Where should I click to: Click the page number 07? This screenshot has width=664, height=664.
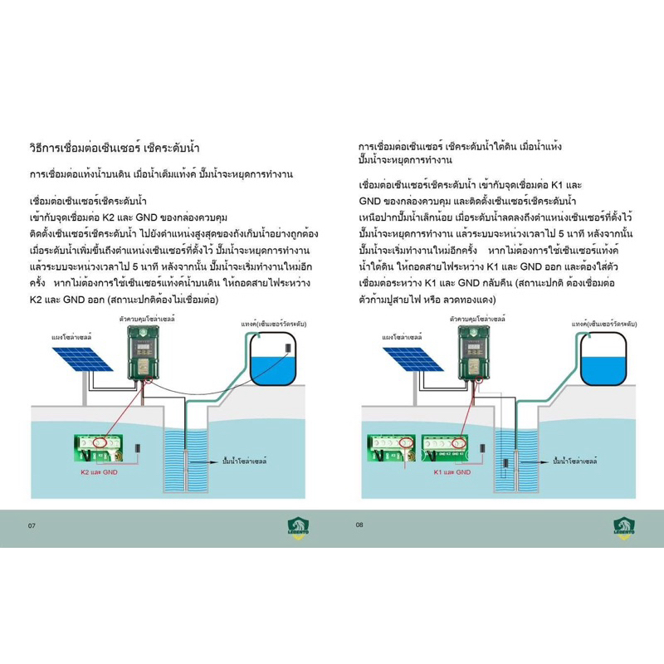32,525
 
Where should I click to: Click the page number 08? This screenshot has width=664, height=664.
359,525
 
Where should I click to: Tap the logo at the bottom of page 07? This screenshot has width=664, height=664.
300,526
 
